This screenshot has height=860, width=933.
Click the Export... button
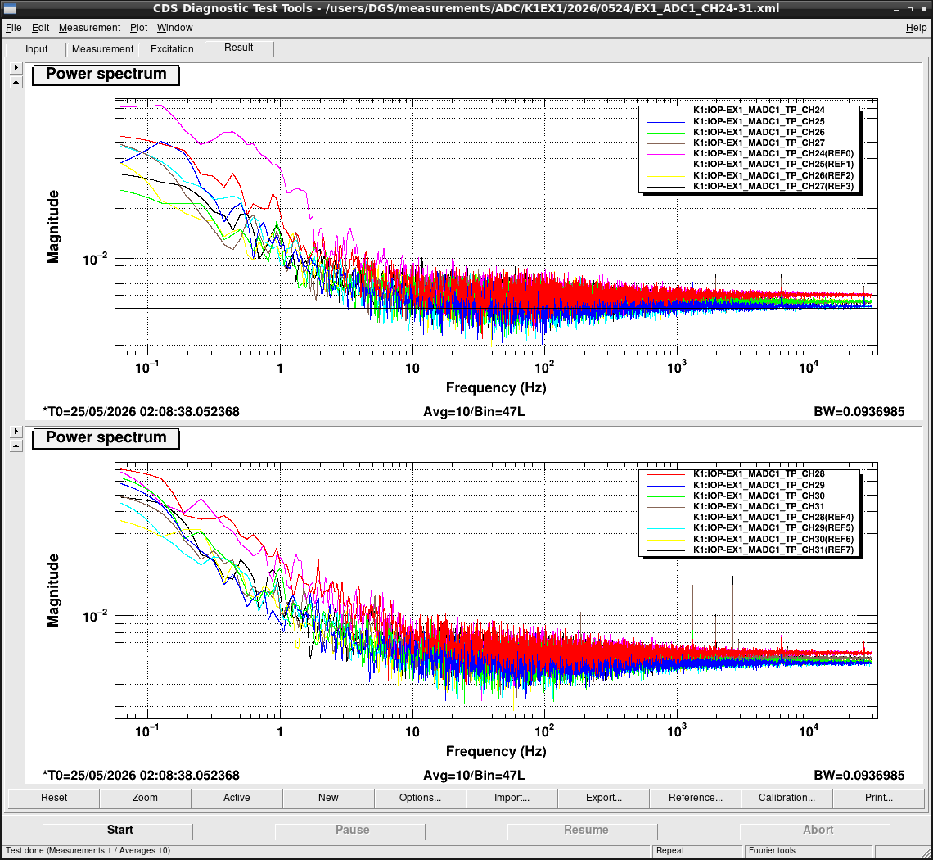603,798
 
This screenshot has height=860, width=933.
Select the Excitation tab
172,49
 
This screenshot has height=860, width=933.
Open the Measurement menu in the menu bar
89,27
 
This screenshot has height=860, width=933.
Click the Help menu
916,27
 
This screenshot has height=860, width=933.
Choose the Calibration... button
787,798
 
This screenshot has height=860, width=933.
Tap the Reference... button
695,798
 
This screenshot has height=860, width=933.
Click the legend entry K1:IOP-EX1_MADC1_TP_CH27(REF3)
773,187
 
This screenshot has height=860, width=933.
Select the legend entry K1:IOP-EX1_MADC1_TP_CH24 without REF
759,111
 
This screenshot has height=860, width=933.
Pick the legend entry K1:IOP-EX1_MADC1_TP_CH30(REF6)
773,539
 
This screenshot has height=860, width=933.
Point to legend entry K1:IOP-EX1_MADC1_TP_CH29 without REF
759,485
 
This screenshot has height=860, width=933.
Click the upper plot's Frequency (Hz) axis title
496,387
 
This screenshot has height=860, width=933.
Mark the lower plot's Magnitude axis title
53,591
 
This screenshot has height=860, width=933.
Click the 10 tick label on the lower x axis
412,731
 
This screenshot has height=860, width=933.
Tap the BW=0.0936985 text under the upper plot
859,411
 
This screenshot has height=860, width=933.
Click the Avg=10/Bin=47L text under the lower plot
474,776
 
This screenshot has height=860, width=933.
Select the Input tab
36,49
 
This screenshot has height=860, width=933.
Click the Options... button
420,798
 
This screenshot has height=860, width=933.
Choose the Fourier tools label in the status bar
772,850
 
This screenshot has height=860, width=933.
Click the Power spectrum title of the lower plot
106,437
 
